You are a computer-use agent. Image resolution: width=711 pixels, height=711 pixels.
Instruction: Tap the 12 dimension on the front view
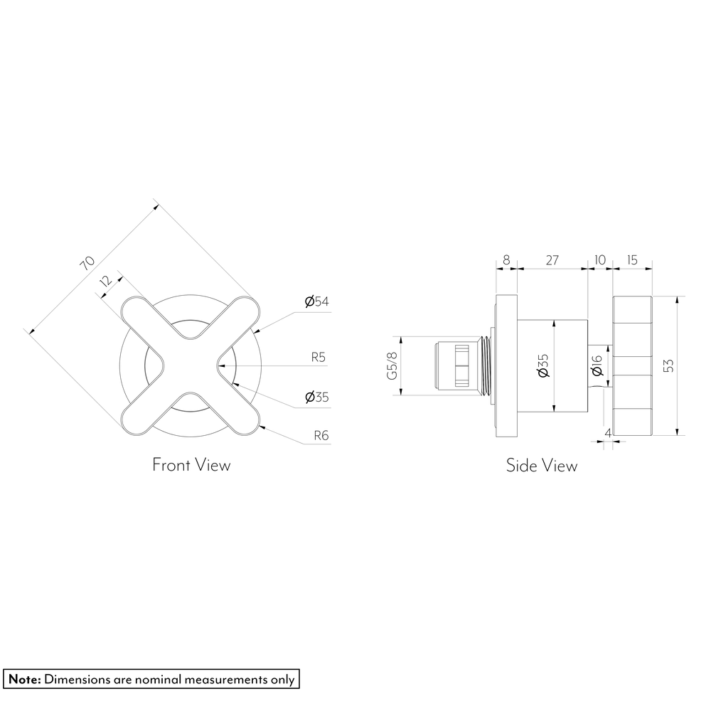(105, 281)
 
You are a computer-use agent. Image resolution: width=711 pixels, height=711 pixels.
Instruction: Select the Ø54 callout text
(316, 301)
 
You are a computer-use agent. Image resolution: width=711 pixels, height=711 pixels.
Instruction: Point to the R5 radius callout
(319, 358)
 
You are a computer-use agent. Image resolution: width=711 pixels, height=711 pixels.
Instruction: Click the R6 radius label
(321, 436)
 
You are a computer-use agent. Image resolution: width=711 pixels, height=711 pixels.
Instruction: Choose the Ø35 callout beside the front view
(316, 397)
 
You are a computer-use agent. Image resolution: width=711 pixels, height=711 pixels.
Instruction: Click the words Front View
(191, 465)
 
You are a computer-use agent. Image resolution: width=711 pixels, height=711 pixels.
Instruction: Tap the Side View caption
(542, 466)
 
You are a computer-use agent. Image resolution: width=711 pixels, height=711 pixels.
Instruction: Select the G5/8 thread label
(392, 365)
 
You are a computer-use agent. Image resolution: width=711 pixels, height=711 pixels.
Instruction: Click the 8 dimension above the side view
(506, 260)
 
